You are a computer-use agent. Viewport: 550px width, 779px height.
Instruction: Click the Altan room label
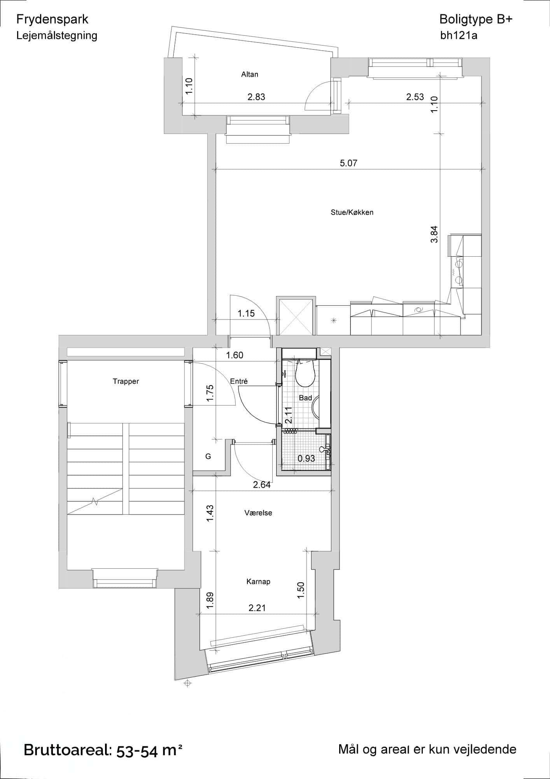249,74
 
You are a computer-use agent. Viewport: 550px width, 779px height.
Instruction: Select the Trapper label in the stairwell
126,381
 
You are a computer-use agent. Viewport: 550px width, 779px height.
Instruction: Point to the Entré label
239,381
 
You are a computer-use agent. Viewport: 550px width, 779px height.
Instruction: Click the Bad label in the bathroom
305,398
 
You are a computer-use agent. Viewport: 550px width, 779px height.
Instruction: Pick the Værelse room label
258,513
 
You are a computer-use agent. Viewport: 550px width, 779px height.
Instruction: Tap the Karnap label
258,582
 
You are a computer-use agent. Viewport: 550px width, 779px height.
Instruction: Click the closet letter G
208,456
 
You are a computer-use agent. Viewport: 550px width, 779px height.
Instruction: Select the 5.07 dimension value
349,163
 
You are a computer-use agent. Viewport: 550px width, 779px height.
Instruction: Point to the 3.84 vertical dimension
434,234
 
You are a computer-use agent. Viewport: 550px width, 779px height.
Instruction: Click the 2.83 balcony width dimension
256,97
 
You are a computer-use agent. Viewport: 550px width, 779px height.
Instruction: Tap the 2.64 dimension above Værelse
262,485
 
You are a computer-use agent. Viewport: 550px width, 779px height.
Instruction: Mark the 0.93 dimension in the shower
306,459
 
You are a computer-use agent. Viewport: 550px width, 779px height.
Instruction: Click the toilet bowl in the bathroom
305,373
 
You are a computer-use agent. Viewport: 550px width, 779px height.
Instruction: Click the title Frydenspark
53,19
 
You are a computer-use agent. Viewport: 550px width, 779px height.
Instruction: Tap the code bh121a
459,35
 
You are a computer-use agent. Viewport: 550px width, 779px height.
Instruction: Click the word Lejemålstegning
57,35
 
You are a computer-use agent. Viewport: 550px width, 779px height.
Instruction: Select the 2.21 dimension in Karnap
257,608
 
